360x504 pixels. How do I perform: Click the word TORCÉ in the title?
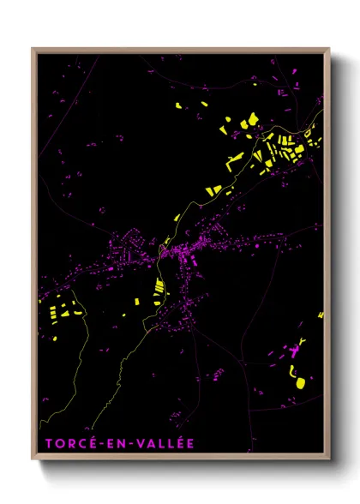[66, 442]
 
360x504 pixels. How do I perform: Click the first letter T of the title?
[44, 442]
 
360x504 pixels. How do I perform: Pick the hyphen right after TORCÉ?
[92, 443]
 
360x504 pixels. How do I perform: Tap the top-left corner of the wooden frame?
[33, 49]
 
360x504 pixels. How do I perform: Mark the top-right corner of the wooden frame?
[329, 49]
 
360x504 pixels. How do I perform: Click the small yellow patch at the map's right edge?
[321, 315]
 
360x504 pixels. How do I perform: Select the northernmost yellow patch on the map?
[178, 106]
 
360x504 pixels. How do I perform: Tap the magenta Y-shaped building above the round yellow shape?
[296, 351]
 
